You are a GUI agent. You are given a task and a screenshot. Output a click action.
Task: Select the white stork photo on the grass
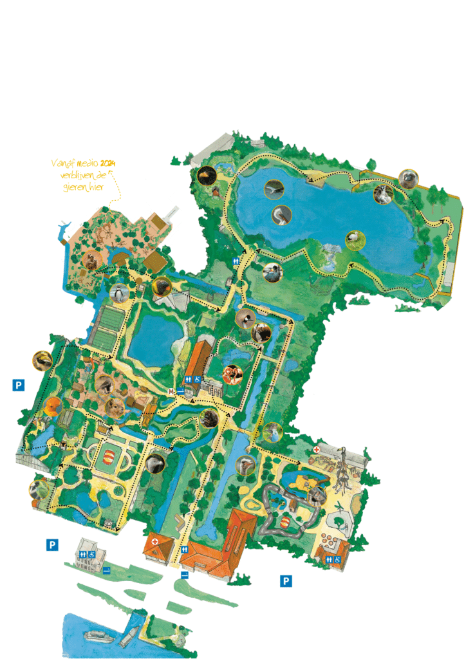click(353, 239)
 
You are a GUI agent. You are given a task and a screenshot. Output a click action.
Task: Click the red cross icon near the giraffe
click(317, 449)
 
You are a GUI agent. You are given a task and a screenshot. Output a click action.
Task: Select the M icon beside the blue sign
click(171, 391)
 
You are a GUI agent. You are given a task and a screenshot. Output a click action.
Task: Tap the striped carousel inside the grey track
click(287, 520)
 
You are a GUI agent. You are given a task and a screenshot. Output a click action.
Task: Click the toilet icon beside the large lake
click(238, 261)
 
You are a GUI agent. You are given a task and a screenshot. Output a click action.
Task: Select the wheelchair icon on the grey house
click(93, 554)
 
